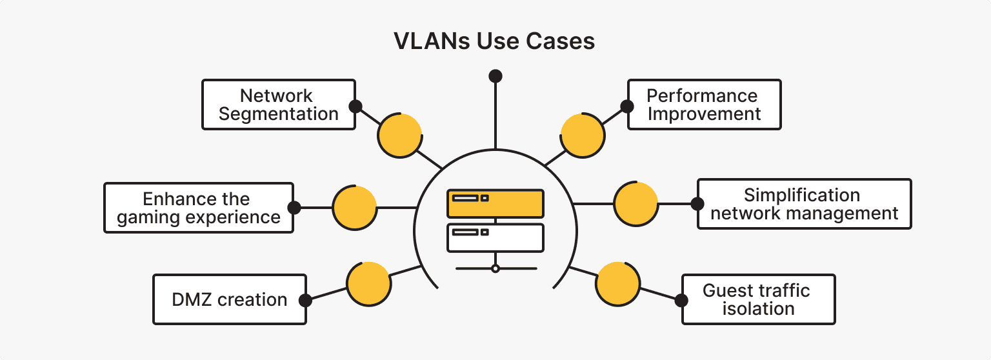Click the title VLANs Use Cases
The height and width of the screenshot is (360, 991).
494,41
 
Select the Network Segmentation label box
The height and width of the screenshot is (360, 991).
278,105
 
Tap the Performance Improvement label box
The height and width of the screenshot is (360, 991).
704,105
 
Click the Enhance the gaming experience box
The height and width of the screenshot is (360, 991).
198,208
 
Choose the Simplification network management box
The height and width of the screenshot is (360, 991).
804,204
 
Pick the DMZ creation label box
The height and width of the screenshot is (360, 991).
229,300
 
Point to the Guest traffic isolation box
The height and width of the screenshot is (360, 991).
758,299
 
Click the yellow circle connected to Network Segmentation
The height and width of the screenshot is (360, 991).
400,135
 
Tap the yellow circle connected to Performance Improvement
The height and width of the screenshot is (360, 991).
583,135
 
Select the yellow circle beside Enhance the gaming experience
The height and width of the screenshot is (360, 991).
354,208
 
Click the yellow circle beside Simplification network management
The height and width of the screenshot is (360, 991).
636,204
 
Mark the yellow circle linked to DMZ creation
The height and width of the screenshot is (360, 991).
368,284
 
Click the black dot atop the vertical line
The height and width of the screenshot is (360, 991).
495,76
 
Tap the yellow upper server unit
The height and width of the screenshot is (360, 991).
495,203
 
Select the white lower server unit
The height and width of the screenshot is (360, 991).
495,237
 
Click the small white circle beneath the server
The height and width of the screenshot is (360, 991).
495,268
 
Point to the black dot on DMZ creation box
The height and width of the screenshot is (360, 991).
306,300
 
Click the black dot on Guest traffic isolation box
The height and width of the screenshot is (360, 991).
681,300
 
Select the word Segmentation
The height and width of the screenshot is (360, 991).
278,114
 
